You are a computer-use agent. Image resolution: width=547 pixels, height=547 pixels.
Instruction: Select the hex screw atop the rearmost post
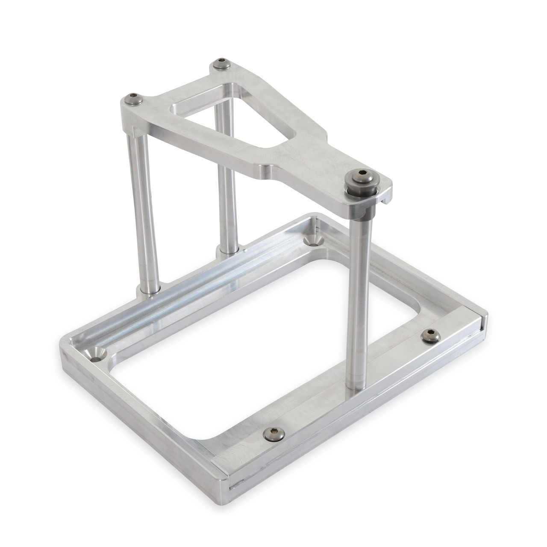[221, 64]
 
